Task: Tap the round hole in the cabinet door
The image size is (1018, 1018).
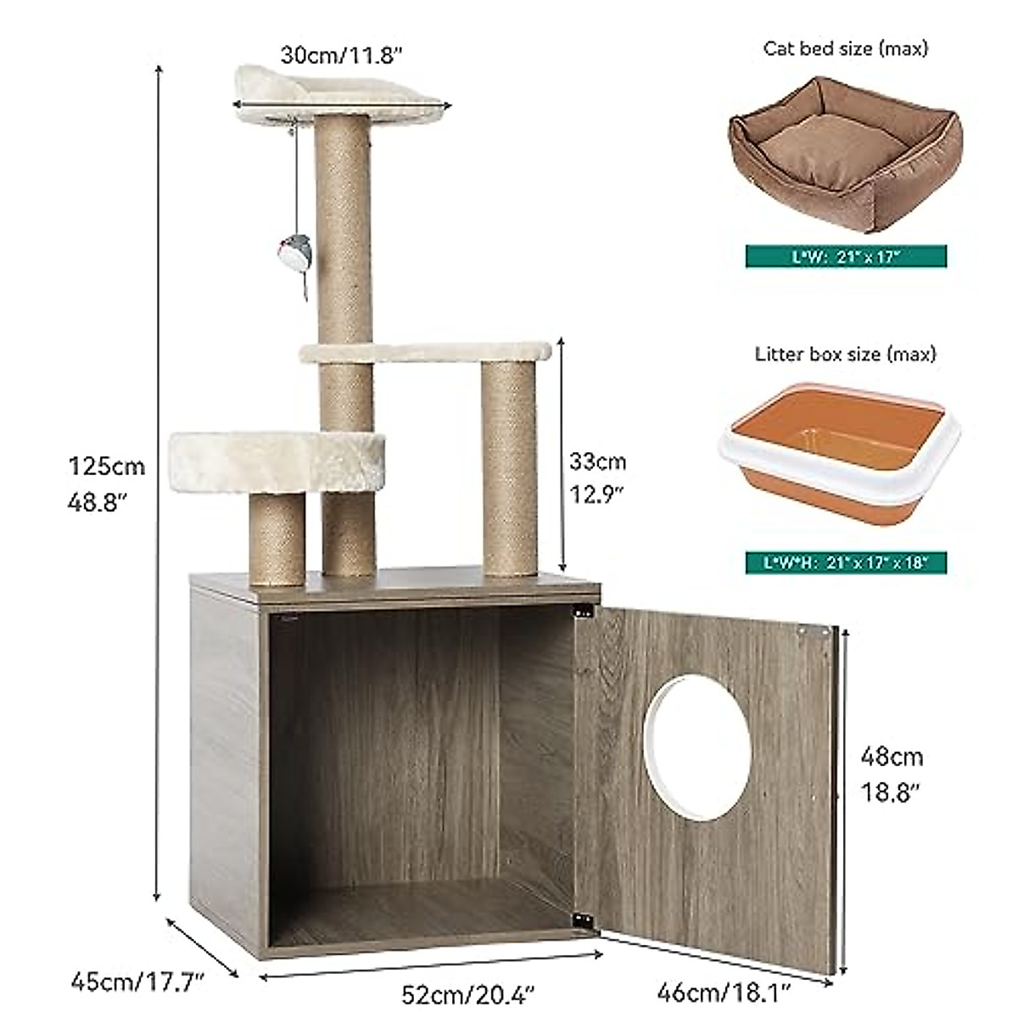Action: [697, 747]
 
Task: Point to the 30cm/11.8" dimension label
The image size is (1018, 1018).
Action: [341, 55]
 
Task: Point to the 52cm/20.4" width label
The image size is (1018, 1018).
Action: [467, 992]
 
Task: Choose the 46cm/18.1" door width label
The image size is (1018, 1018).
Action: [724, 990]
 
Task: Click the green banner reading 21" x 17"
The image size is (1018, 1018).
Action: [846, 257]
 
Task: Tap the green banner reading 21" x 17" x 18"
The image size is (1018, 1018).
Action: [846, 562]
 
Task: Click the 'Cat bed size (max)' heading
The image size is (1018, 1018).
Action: [846, 48]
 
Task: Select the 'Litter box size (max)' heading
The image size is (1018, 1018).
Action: [846, 354]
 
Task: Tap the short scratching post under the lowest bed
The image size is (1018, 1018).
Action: [277, 538]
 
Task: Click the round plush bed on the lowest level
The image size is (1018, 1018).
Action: [277, 461]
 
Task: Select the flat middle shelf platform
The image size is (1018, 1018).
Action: [425, 351]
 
